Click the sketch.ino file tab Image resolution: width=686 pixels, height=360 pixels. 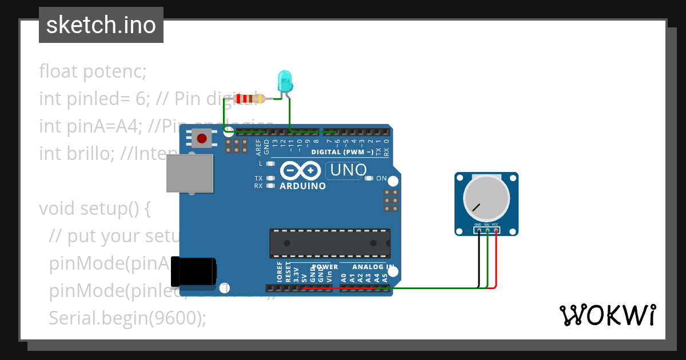pos(101,25)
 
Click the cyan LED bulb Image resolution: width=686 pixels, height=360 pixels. pos(285,81)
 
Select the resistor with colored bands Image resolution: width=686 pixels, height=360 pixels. pos(249,99)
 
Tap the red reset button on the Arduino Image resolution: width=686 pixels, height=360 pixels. pos(201,138)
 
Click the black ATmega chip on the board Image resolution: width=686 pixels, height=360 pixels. pos(330,243)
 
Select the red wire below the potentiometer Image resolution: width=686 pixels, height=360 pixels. pos(496,263)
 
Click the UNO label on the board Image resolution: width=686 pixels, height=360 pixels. pos(348,170)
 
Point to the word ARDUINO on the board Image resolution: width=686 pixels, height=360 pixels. pos(303,186)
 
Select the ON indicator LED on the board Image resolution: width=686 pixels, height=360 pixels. pos(369,179)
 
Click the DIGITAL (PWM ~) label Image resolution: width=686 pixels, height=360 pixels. pos(342,152)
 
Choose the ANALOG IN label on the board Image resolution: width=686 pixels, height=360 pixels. pos(373,267)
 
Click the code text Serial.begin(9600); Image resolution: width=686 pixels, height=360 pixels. pos(127,318)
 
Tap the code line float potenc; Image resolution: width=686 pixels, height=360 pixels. pos(93,72)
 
